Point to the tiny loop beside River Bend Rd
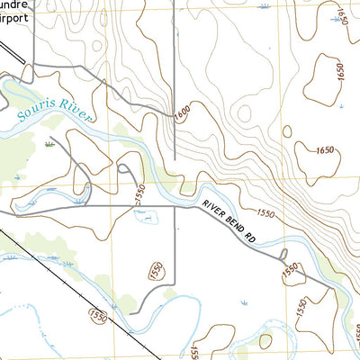pyautogui.click(x=283, y=255)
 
